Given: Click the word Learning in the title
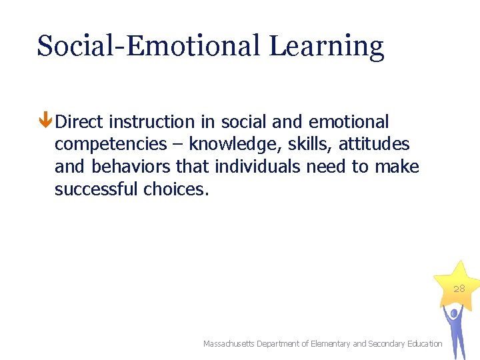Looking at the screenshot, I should (327, 47).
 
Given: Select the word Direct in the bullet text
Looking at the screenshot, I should (79, 122).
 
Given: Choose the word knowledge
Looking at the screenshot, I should (235, 145).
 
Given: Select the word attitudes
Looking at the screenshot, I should (375, 144).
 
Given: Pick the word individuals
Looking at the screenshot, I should (257, 167).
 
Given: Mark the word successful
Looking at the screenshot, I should (96, 189).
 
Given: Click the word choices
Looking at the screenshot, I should (176, 189).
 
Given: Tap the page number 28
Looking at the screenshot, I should (459, 289).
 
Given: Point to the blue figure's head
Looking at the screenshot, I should (453, 312).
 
